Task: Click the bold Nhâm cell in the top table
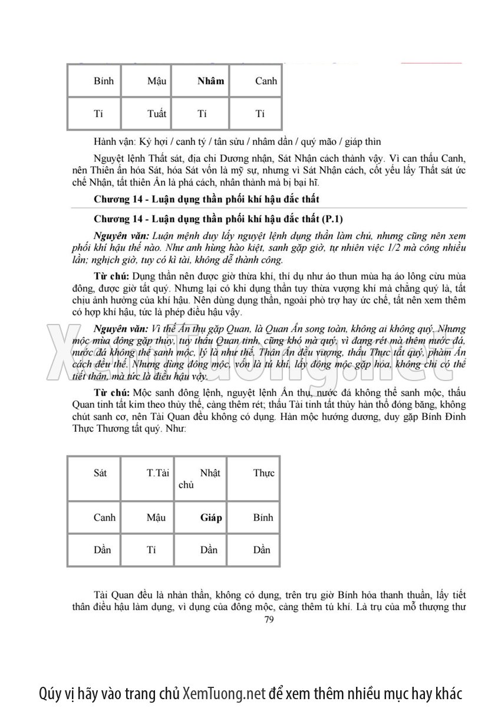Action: [x=211, y=81]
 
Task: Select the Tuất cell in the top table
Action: [x=156, y=114]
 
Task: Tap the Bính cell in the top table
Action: [x=104, y=81]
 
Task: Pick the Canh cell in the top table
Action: [x=266, y=81]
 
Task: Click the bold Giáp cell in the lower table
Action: [x=211, y=518]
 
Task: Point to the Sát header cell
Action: [x=100, y=473]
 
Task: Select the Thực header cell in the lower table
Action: [x=264, y=473]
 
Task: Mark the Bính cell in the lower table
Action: [x=263, y=518]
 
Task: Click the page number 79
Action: [x=269, y=620]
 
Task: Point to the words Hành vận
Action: [x=114, y=141]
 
